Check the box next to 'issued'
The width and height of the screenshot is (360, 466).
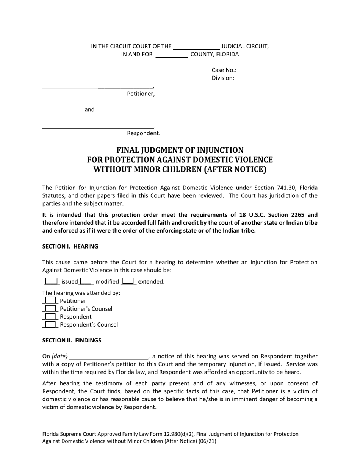pos(51,281)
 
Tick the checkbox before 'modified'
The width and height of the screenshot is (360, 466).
pos(86,281)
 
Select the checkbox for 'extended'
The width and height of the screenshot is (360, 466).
pos(128,281)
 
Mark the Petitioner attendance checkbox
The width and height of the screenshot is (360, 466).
pos(50,300)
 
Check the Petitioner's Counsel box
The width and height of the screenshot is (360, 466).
pos(50,308)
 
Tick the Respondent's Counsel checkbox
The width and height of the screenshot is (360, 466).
pos(50,324)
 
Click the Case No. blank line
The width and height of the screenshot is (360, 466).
pos(277,70)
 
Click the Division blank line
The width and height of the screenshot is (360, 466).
pos(277,78)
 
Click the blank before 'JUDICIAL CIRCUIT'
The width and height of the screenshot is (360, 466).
pos(196,47)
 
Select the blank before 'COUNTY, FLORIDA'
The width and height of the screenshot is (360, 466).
pos(172,55)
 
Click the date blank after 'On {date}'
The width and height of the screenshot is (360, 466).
pos(109,356)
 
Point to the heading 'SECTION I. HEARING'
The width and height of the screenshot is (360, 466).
pos(70,246)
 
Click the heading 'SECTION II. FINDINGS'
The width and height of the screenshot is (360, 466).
pos(72,340)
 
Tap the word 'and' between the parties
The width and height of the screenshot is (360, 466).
pos(89,109)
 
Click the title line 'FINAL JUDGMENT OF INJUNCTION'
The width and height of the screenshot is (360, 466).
pos(180,150)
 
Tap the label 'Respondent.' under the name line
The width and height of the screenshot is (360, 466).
pos(143,133)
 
